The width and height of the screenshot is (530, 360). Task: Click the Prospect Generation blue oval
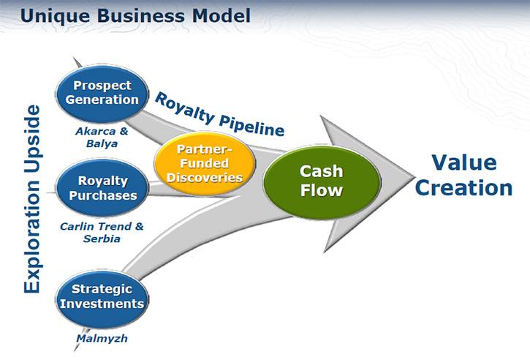point(102,94)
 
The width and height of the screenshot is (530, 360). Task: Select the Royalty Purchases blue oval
point(102,188)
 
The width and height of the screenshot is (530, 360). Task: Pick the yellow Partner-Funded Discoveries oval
point(205,164)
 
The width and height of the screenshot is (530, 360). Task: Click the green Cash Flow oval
point(322,181)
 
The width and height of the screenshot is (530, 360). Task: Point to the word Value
point(464,162)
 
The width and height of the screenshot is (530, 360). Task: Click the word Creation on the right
point(463,188)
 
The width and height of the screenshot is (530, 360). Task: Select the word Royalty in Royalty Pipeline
point(184,108)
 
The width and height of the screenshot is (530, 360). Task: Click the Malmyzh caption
point(102,338)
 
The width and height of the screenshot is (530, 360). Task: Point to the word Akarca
point(96,131)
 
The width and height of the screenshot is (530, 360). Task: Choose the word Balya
point(102,144)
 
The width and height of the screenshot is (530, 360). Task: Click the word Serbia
point(102,239)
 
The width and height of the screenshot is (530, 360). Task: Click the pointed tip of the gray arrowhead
point(414,176)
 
